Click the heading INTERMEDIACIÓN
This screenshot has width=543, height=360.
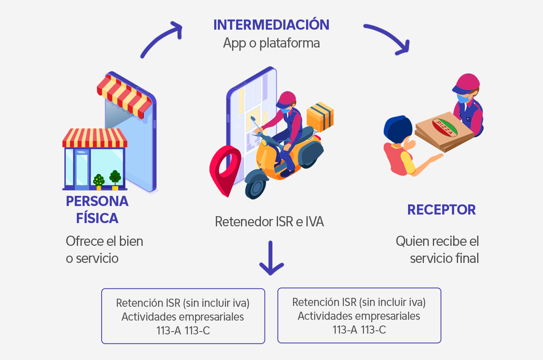click(x=271, y=25)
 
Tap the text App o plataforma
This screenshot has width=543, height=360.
click(x=271, y=43)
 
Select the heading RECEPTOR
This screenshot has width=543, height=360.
click(x=441, y=210)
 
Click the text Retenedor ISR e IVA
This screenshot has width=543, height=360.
click(x=269, y=222)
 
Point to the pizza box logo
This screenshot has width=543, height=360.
click(x=446, y=127)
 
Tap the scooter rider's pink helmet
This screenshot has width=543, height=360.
click(x=287, y=99)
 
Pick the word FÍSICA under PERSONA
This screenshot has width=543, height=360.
click(x=97, y=218)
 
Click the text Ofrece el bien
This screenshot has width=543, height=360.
click(x=104, y=241)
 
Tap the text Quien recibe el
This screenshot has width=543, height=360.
click(x=437, y=241)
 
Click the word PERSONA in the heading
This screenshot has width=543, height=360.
click(x=97, y=201)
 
